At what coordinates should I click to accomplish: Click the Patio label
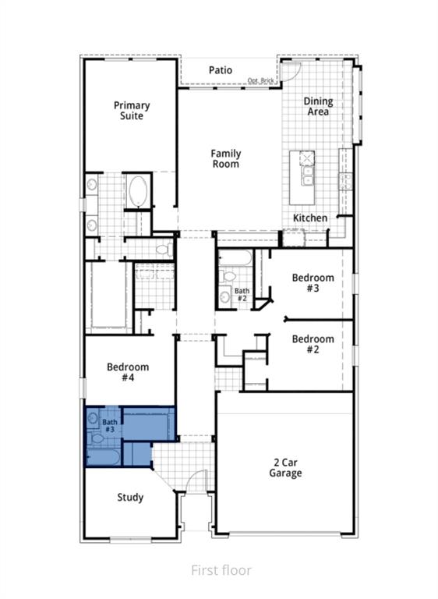tap(221, 70)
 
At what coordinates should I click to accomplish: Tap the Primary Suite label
tap(132, 111)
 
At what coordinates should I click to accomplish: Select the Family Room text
tap(226, 158)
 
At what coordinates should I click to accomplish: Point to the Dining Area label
tap(318, 106)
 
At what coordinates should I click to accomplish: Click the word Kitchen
tap(310, 218)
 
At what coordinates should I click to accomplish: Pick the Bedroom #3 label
tap(313, 282)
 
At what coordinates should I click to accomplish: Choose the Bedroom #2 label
tap(313, 344)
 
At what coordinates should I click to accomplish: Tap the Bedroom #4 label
tap(128, 372)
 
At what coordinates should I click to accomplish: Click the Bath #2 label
tap(242, 295)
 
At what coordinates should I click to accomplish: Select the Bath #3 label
tap(110, 426)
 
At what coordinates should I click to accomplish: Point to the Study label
tap(130, 498)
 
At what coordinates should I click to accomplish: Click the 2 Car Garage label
tap(285, 468)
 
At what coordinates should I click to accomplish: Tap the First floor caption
tap(221, 570)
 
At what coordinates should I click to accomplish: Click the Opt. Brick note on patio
tap(261, 80)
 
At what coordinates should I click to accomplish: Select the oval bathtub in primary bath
tap(138, 190)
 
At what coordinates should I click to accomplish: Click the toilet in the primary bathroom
tap(164, 250)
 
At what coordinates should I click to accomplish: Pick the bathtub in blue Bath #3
tap(104, 456)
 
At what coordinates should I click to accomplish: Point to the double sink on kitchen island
tap(307, 175)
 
